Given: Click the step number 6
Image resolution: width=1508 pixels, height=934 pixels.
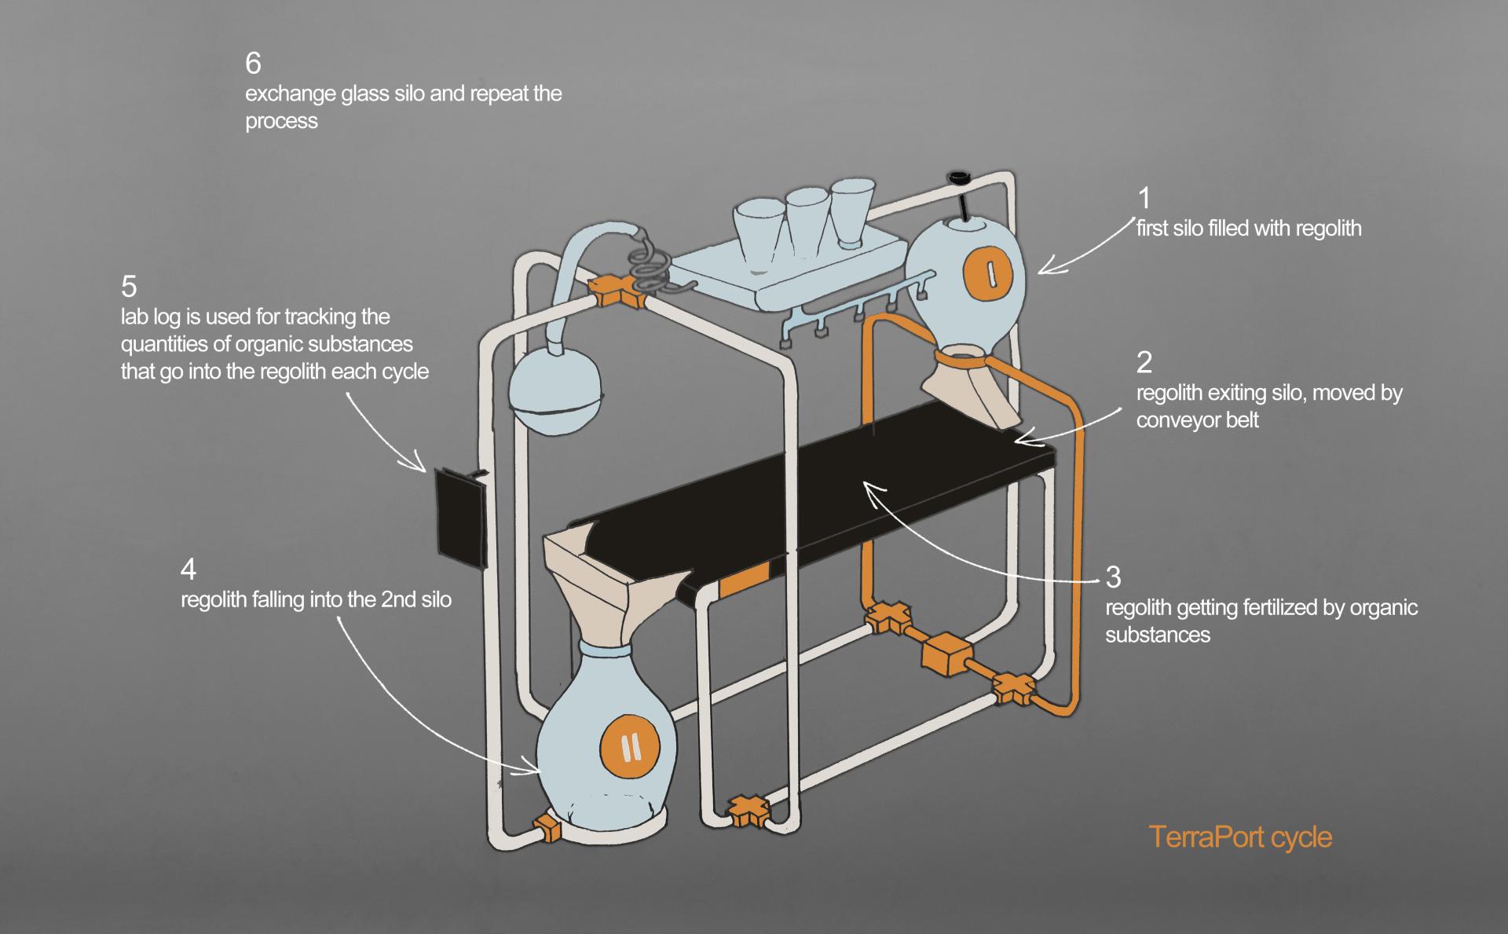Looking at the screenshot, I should pos(253,63).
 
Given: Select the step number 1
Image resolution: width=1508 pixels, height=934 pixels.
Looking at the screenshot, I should pos(1144,197).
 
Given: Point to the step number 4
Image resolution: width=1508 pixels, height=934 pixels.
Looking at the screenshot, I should pos(188,569).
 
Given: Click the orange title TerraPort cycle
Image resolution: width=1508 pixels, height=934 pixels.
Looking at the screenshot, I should pos(1240,837).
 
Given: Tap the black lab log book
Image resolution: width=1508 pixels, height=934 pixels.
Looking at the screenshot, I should pos(459,516).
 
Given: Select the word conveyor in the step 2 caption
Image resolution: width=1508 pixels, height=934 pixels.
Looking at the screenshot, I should pos(1166,420).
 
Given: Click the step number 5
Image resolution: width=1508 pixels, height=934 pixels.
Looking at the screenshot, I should pos(129,286).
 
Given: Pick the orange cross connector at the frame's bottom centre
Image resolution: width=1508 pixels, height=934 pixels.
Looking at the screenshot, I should pos(747,810).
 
